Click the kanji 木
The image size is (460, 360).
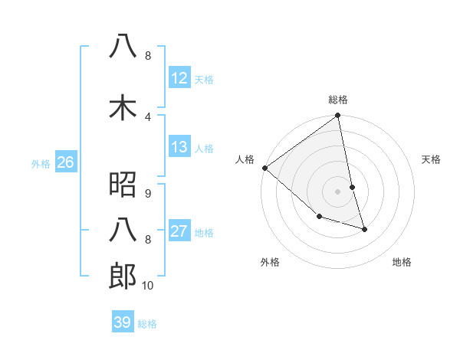pos(123,106)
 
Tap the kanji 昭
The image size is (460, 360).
pos(123,184)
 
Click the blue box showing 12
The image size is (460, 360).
pos(179,78)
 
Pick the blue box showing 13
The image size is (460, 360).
pos(179,147)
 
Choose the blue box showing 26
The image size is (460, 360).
pos(65,162)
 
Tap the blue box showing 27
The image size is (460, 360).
pos(179,232)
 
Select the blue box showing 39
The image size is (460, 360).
pos(122,322)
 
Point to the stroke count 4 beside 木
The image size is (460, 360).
pos(147,116)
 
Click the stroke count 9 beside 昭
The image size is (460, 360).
pos(147,193)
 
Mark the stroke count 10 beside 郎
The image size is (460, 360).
pos(147,286)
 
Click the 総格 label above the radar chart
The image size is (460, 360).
pos(338,100)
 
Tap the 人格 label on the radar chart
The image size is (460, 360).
pos(245,159)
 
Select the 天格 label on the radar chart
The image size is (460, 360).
pos(432,159)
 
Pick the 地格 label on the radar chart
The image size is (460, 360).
pos(402,262)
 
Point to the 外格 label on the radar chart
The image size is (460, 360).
pos(270,262)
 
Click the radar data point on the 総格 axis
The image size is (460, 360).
pos(338,116)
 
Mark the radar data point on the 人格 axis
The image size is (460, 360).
pos(264,168)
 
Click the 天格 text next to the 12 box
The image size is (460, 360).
pos(204,79)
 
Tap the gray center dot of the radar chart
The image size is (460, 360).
pos(338,191)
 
